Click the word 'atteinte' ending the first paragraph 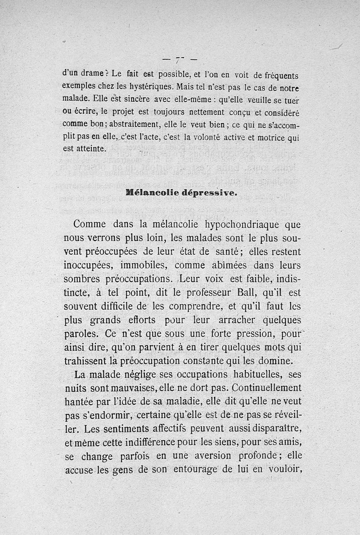click(87, 148)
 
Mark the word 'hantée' click(79, 401)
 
